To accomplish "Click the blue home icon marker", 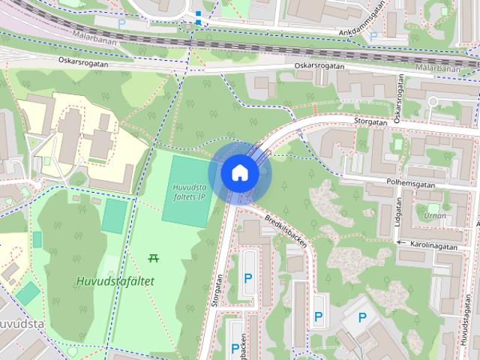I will [x=239, y=172].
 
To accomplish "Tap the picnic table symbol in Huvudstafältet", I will [x=154, y=258].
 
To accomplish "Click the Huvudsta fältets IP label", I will [x=188, y=192].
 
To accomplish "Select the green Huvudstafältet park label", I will [x=115, y=281].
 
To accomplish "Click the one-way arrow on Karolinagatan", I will [x=401, y=243].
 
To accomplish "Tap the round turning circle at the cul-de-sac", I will [x=432, y=101].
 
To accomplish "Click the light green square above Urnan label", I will [x=433, y=207].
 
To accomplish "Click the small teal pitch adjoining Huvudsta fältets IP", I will [x=114, y=215].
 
